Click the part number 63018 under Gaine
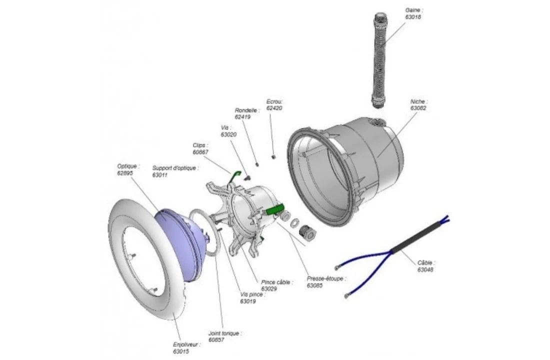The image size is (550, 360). click(412, 16)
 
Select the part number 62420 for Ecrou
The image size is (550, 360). click(274, 107)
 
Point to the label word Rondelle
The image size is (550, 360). click(246, 110)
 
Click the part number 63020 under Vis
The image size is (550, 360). click(228, 134)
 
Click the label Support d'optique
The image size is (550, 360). click(174, 168)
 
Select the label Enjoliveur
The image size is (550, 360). click(186, 344)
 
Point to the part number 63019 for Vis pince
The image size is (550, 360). click(248, 301)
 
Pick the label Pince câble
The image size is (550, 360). click(276, 282)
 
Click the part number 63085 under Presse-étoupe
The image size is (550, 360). click(314, 285)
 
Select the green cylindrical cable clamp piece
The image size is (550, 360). click(275, 208)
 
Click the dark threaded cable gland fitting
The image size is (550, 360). click(304, 231)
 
